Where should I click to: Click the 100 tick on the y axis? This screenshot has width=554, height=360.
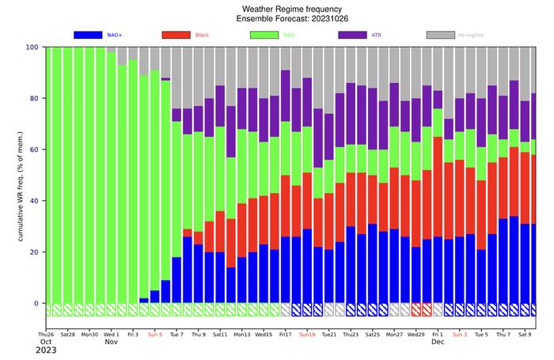pyautogui.click(x=32, y=47)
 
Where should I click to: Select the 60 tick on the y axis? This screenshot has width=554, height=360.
pyautogui.click(x=35, y=150)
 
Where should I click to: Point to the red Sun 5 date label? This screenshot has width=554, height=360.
pyautogui.click(x=155, y=335)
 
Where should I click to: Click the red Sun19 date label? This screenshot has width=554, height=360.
pyautogui.click(x=308, y=335)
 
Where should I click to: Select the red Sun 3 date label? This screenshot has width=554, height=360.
pyautogui.click(x=460, y=335)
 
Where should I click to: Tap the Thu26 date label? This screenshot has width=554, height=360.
pyautogui.click(x=47, y=335)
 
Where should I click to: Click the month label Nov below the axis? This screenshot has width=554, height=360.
pyautogui.click(x=112, y=343)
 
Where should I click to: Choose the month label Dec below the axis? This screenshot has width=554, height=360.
pyautogui.click(x=438, y=343)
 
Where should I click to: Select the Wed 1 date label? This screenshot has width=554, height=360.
pyautogui.click(x=112, y=335)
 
